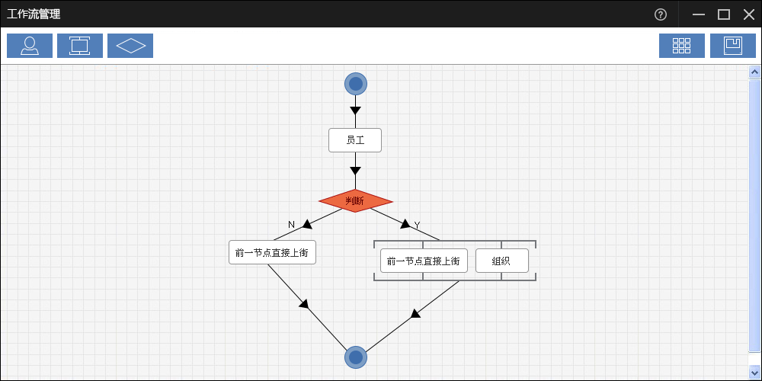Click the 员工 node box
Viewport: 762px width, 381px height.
pyautogui.click(x=355, y=140)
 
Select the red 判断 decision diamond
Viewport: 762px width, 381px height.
pyautogui.click(x=355, y=201)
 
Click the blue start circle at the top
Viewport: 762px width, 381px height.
pyautogui.click(x=356, y=84)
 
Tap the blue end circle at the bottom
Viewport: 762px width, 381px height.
pyautogui.click(x=356, y=357)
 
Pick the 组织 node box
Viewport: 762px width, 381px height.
pyautogui.click(x=501, y=261)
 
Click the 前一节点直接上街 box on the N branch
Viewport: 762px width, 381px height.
pyautogui.click(x=272, y=252)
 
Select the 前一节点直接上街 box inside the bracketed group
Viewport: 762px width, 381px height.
pyautogui.click(x=424, y=261)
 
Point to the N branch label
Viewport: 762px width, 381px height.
pyautogui.click(x=291, y=225)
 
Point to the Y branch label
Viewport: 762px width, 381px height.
pyautogui.click(x=417, y=225)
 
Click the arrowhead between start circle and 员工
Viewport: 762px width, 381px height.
pyautogui.click(x=355, y=110)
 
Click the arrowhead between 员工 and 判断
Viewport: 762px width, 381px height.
pyautogui.click(x=355, y=171)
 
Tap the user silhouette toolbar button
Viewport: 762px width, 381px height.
pyautogui.click(x=30, y=46)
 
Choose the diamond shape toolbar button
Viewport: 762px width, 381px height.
pyautogui.click(x=130, y=46)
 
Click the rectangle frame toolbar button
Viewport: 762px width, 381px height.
pyautogui.click(x=80, y=46)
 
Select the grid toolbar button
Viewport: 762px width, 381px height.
pyautogui.click(x=682, y=46)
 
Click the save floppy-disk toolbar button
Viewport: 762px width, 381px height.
pyautogui.click(x=733, y=46)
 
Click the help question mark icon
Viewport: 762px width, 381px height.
pyautogui.click(x=661, y=14)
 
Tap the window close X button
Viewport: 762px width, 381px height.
pyautogui.click(x=748, y=14)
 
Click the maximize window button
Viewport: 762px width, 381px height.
pyautogui.click(x=724, y=14)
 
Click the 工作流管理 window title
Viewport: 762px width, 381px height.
pyautogui.click(x=34, y=14)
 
